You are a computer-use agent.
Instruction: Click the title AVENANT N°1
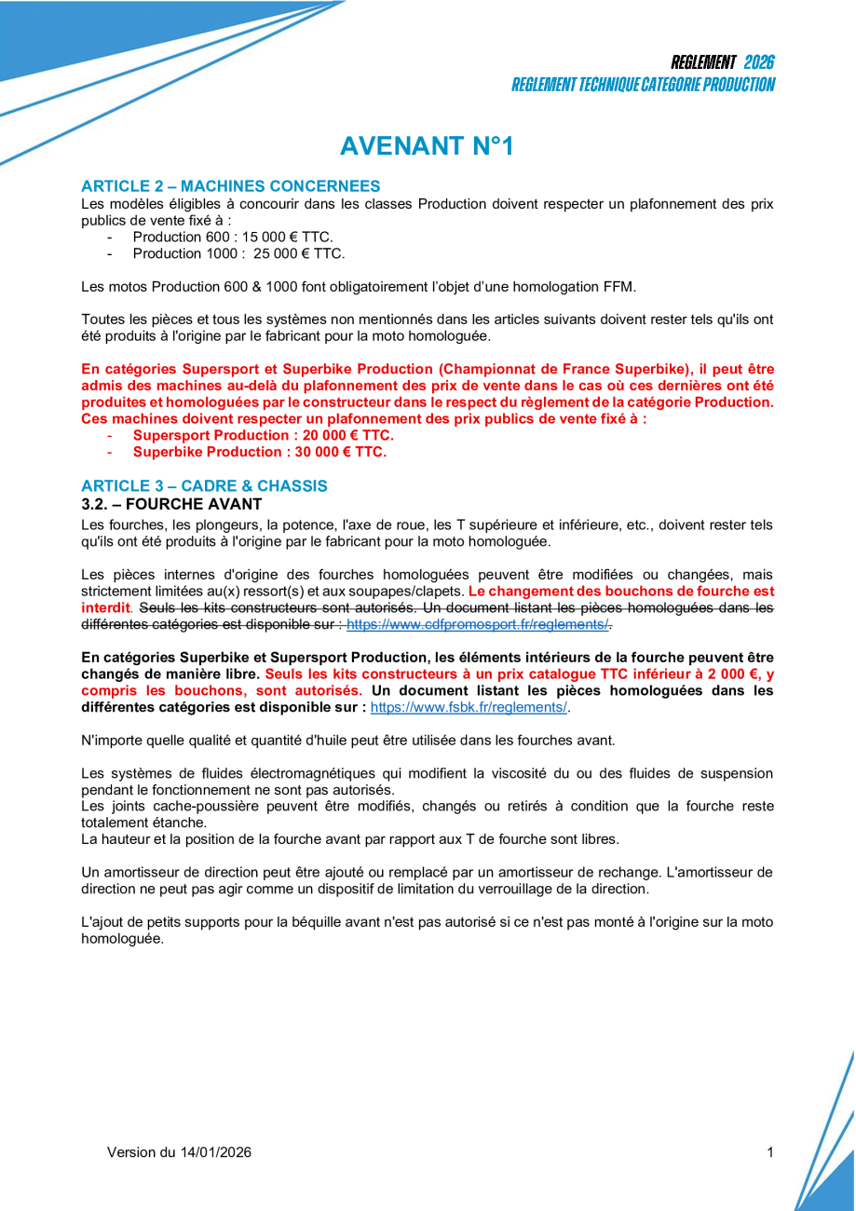(x=427, y=146)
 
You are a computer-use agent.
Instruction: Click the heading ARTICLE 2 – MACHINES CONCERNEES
(x=230, y=186)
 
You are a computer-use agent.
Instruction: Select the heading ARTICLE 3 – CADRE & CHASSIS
(x=204, y=486)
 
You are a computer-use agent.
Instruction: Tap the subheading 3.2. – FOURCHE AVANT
(x=172, y=504)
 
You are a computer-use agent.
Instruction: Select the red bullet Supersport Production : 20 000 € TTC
(x=263, y=435)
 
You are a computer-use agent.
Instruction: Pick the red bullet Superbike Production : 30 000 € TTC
(x=259, y=452)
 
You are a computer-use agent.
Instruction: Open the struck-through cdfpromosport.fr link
(x=478, y=624)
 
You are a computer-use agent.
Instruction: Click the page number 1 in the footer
(x=770, y=1152)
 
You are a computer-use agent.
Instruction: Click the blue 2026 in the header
(x=759, y=62)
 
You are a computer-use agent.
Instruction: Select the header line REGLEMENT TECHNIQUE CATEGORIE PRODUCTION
(x=643, y=85)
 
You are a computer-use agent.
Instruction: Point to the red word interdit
(x=105, y=607)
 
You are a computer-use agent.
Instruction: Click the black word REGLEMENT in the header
(x=703, y=62)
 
